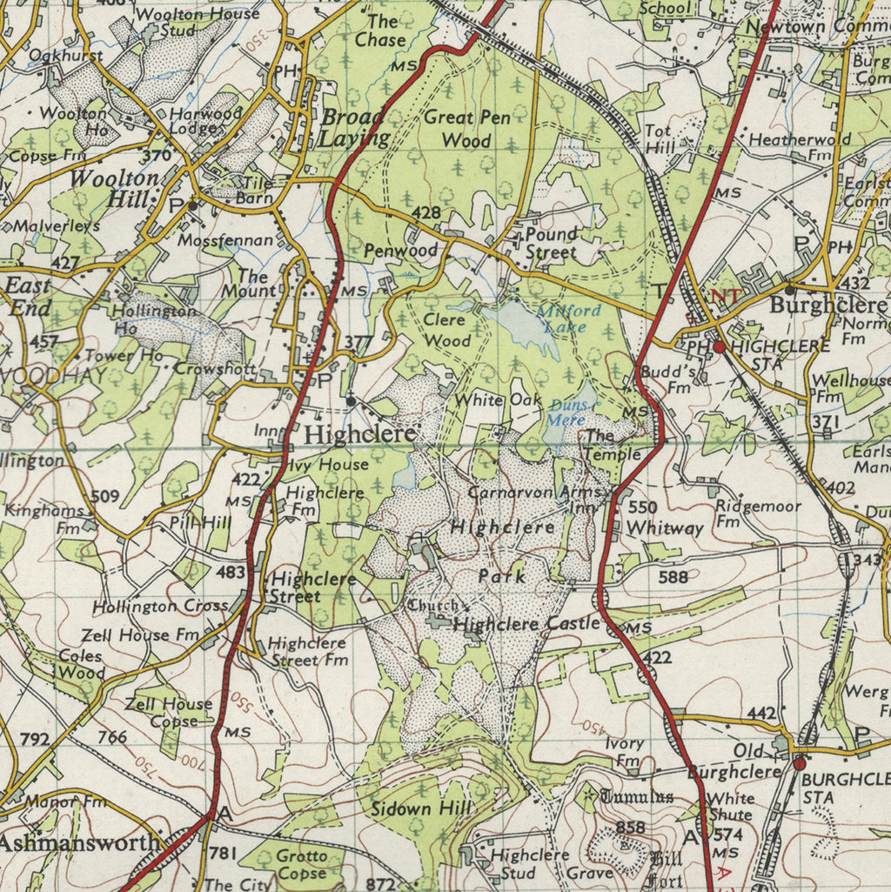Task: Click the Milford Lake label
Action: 567,319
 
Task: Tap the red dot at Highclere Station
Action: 720,346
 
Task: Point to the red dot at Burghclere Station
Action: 799,764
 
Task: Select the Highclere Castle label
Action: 526,623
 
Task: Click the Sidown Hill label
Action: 421,808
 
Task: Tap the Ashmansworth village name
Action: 80,842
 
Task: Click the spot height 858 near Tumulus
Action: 630,827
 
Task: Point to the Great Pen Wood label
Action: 466,128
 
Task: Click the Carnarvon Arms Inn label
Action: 537,499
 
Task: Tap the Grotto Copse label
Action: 301,864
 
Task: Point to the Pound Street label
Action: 551,243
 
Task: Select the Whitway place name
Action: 665,527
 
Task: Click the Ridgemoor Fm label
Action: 746,513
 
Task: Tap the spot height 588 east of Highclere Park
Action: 673,576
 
